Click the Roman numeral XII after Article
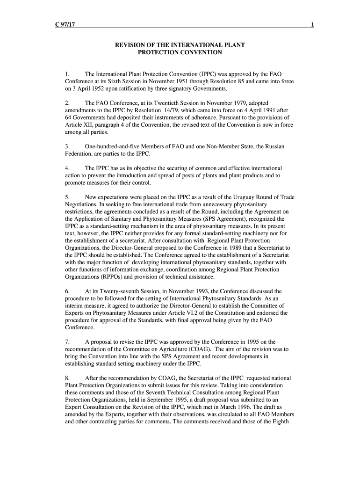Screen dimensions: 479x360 pyautogui.click(x=90, y=125)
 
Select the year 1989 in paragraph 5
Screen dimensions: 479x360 pyautogui.click(x=233, y=248)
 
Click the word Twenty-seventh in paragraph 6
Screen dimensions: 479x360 pyautogui.click(x=128, y=291)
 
